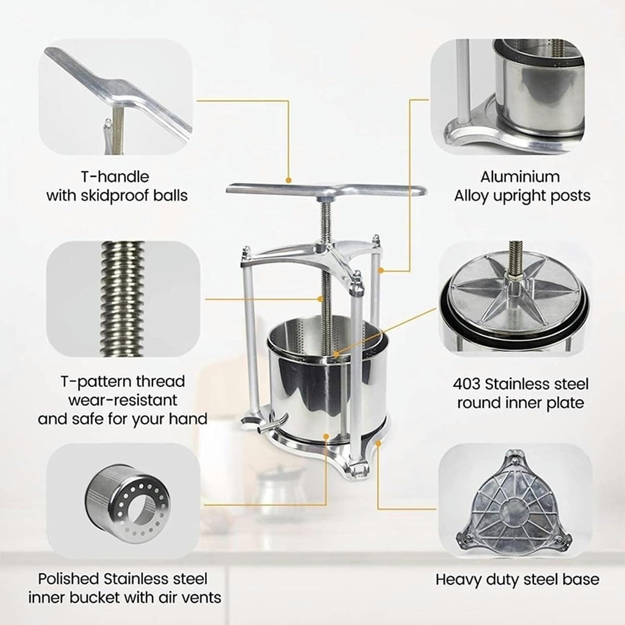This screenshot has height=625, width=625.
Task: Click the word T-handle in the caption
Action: pyautogui.click(x=115, y=177)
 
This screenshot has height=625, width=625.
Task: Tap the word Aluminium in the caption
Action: pyautogui.click(x=519, y=177)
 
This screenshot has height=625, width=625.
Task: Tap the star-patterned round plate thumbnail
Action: pyautogui.click(x=514, y=298)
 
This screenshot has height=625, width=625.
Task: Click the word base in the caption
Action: pyautogui.click(x=580, y=579)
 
